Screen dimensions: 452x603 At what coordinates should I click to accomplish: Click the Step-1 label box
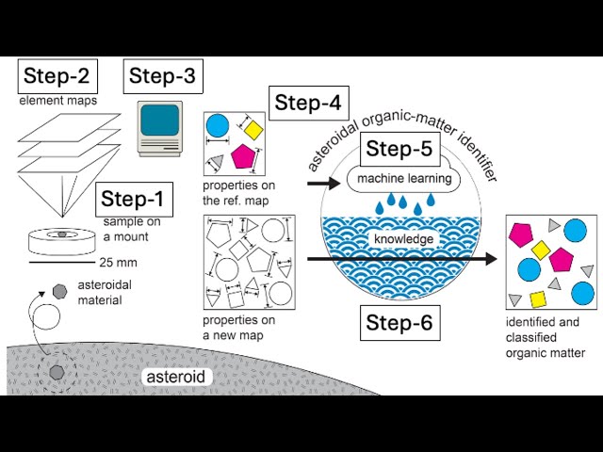133,199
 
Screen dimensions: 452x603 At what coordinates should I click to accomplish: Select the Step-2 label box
57,76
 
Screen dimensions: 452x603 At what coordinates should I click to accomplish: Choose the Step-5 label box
399,149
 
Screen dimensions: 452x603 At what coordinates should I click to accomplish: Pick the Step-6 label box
399,323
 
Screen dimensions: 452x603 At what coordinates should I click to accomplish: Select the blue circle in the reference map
218,125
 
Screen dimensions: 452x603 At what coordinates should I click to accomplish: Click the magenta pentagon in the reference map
244,154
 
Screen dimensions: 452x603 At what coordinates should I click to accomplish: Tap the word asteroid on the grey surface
177,377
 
